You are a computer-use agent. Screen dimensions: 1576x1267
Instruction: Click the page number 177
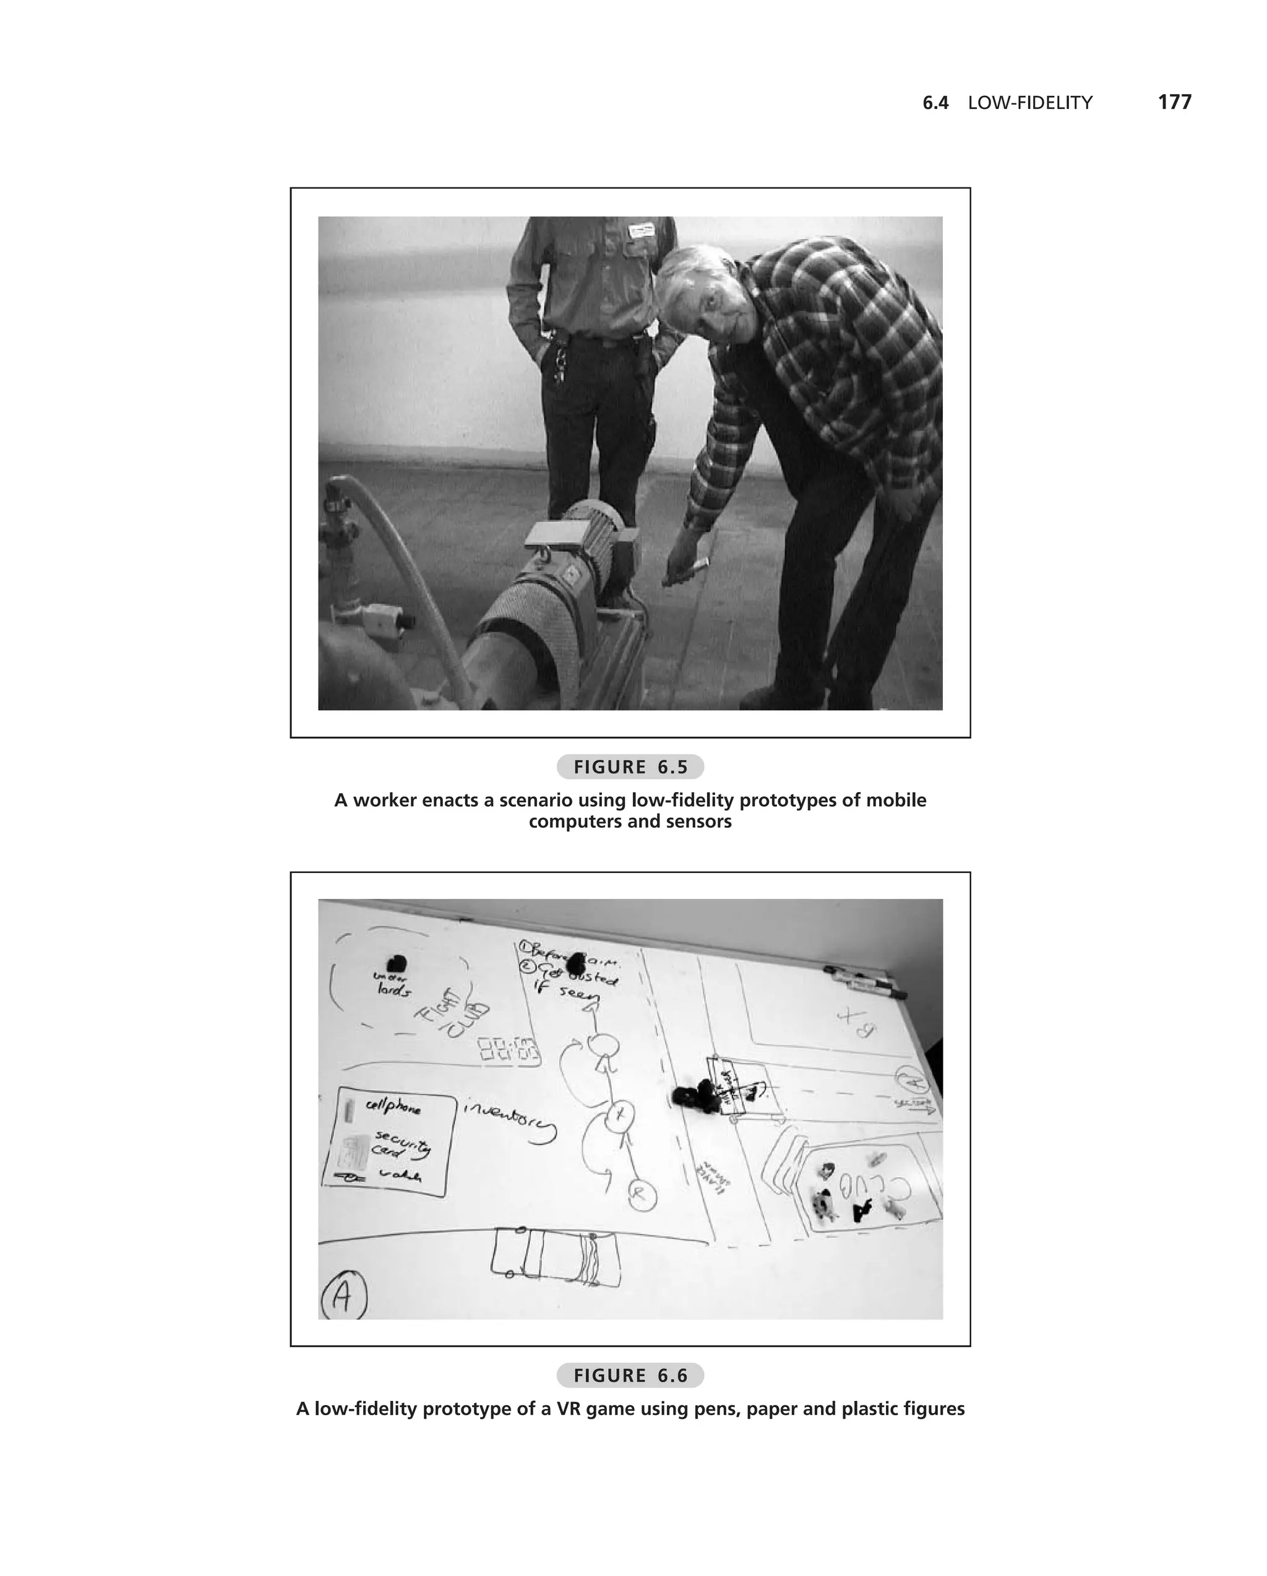click(1174, 102)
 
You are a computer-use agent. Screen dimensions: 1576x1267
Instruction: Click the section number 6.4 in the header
click(935, 103)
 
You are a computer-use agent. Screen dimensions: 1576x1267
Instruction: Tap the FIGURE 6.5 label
click(630, 767)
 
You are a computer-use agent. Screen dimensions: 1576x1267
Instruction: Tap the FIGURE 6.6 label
click(630, 1376)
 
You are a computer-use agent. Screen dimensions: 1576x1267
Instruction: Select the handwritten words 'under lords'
click(393, 984)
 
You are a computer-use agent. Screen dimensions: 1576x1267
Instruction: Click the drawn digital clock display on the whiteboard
click(509, 1049)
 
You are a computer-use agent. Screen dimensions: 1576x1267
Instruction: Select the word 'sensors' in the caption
click(698, 822)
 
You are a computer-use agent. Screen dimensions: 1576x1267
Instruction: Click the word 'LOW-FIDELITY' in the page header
click(1029, 103)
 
